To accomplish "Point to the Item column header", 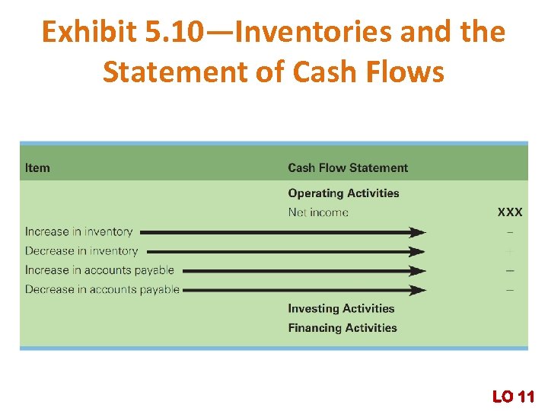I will point(37,167).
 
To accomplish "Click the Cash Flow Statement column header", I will point(348,167).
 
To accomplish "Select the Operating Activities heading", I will point(343,193).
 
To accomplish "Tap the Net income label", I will point(318,212).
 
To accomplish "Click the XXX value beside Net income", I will point(510,212).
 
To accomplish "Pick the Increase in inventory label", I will point(78,231).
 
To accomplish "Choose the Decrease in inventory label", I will point(81,250).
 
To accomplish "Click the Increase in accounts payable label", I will point(99,269).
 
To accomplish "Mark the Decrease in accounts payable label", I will point(102,289).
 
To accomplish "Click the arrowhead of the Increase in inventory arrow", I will point(418,232).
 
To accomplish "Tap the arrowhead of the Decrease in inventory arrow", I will point(418,251).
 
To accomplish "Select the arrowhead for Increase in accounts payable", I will point(418,270).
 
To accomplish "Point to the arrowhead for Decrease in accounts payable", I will point(418,290).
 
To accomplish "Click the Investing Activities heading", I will point(341,308).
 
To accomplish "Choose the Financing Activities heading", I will point(342,328).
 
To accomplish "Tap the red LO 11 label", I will point(513,396).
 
